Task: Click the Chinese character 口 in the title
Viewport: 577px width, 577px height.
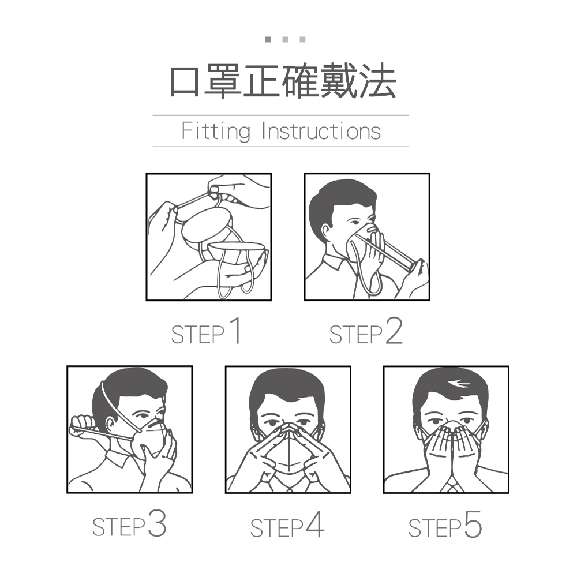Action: click(x=185, y=81)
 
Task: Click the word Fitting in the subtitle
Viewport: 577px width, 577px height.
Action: click(x=216, y=132)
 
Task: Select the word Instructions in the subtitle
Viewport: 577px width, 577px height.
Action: click(x=321, y=132)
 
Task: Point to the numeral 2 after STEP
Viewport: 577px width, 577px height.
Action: click(x=394, y=331)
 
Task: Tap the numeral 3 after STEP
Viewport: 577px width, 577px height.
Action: click(x=157, y=523)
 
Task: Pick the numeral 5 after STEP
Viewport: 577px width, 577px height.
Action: click(x=473, y=524)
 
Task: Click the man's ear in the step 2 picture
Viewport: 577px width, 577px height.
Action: click(x=325, y=231)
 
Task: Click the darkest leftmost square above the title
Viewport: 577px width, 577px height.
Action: click(x=268, y=39)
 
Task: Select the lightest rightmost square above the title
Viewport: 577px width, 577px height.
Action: click(x=302, y=39)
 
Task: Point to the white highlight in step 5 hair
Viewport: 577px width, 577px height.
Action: click(x=459, y=384)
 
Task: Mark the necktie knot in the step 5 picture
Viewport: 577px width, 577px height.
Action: click(x=452, y=487)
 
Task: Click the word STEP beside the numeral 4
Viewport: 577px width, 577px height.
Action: click(x=276, y=528)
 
